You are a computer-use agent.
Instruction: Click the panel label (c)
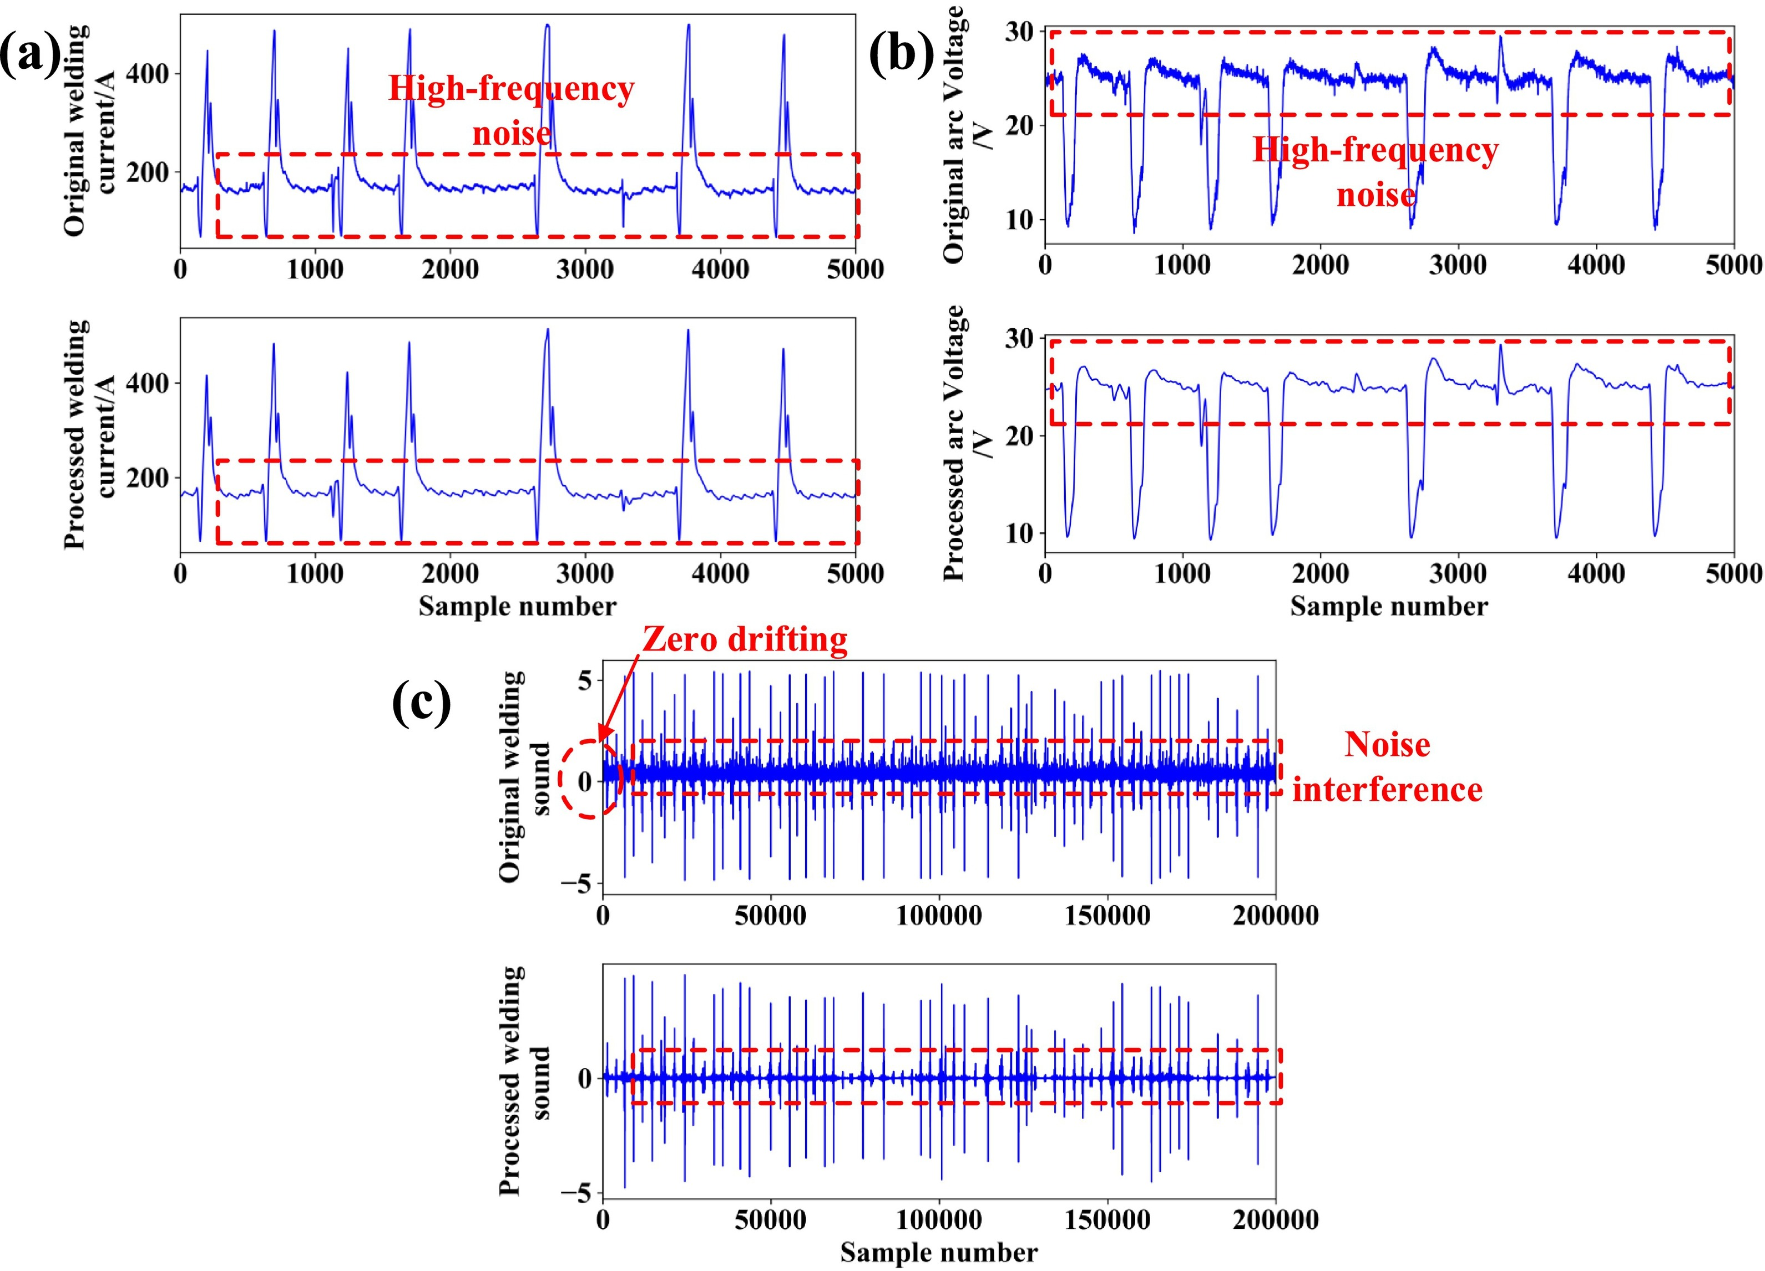click(421, 703)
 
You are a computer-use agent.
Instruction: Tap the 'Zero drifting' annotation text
click(745, 639)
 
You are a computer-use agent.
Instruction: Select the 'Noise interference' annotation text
click(1388, 767)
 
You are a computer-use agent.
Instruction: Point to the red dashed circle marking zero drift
click(590, 779)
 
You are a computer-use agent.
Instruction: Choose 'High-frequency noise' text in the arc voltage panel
click(1375, 171)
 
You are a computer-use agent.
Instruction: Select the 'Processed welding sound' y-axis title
click(523, 1081)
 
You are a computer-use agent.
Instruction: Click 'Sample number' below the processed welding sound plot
click(938, 1252)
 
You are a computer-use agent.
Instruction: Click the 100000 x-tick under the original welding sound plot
click(938, 916)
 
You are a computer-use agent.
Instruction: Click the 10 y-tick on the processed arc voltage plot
click(1019, 533)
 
